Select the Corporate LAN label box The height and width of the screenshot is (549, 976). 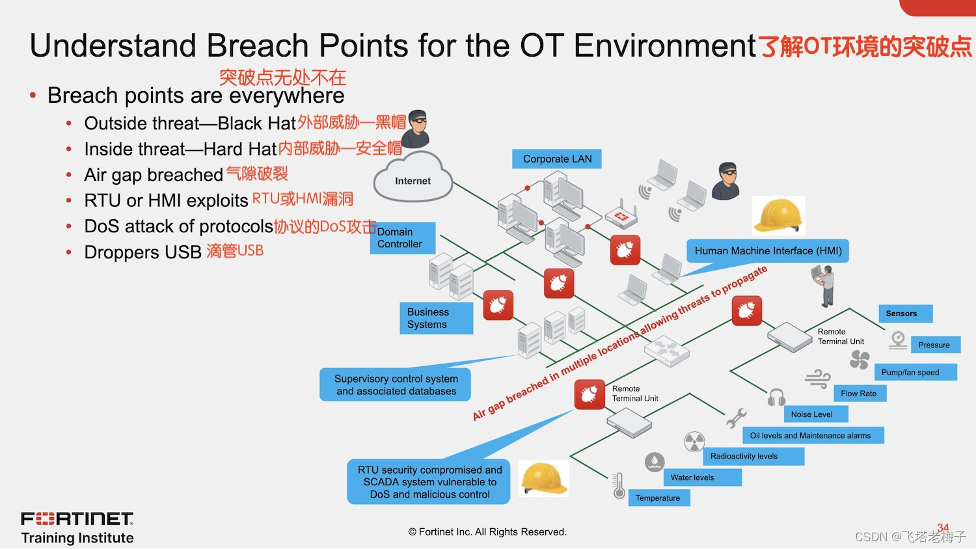pyautogui.click(x=557, y=159)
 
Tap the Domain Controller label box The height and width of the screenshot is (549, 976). pyautogui.click(x=401, y=238)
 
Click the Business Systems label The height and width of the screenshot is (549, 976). pyautogui.click(x=435, y=318)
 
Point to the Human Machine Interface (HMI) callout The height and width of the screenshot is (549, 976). pyautogui.click(x=768, y=251)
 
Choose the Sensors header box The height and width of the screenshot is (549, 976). pyautogui.click(x=905, y=314)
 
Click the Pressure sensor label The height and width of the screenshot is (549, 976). pyautogui.click(x=934, y=345)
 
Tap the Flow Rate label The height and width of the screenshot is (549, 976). pyautogui.click(x=859, y=394)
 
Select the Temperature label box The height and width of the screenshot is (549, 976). pyautogui.click(x=658, y=498)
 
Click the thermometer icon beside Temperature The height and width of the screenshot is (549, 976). pyautogui.click(x=619, y=485)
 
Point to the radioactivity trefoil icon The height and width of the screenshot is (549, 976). pyautogui.click(x=694, y=442)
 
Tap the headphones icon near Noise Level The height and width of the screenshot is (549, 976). pyautogui.click(x=776, y=397)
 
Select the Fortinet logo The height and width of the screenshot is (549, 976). pyautogui.click(x=77, y=518)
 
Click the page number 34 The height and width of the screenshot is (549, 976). pyautogui.click(x=943, y=528)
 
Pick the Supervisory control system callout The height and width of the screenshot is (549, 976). pyautogui.click(x=396, y=384)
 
